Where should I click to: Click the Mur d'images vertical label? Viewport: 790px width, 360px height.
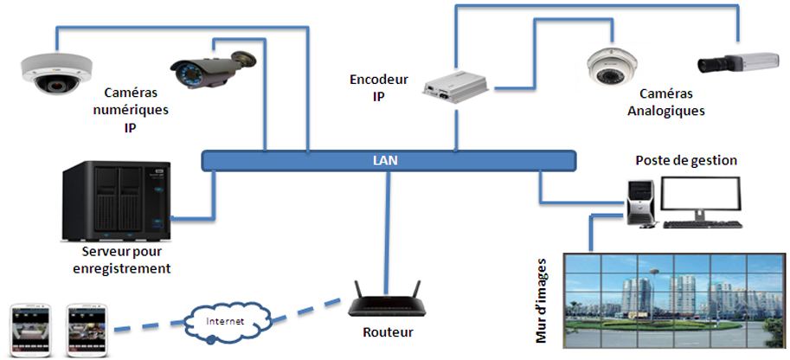point(543,299)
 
